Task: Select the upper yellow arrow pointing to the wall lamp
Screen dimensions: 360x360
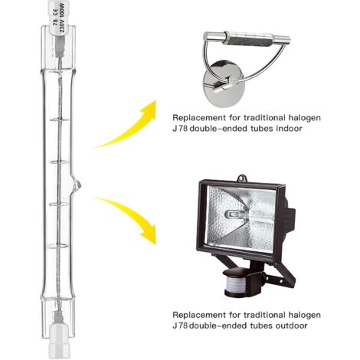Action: click(126, 126)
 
